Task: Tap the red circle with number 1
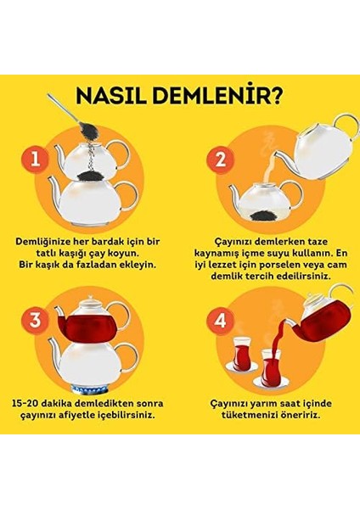(35, 159)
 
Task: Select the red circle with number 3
(35, 320)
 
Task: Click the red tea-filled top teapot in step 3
(89, 320)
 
